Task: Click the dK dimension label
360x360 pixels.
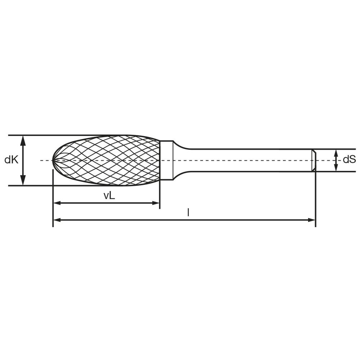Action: pyautogui.click(x=11, y=160)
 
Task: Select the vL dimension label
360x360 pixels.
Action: pyautogui.click(x=109, y=195)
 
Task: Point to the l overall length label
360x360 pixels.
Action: pyautogui.click(x=188, y=212)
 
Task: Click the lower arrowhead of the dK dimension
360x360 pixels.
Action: pyautogui.click(x=23, y=180)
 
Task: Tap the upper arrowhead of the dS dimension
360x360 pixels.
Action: pyautogui.click(x=336, y=153)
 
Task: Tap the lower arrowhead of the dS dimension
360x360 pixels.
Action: pyautogui.click(x=336, y=167)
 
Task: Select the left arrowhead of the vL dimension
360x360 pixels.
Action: pyautogui.click(x=57, y=203)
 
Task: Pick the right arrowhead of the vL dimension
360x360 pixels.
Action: pyautogui.click(x=156, y=203)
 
